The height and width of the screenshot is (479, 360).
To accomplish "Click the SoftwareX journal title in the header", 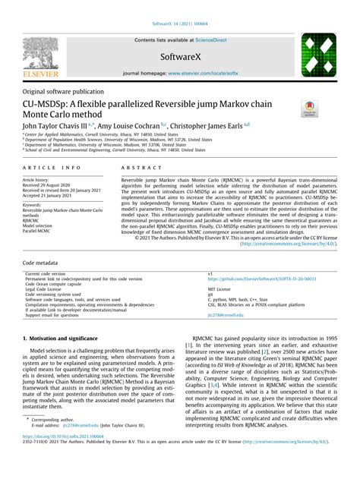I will [x=179, y=56].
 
